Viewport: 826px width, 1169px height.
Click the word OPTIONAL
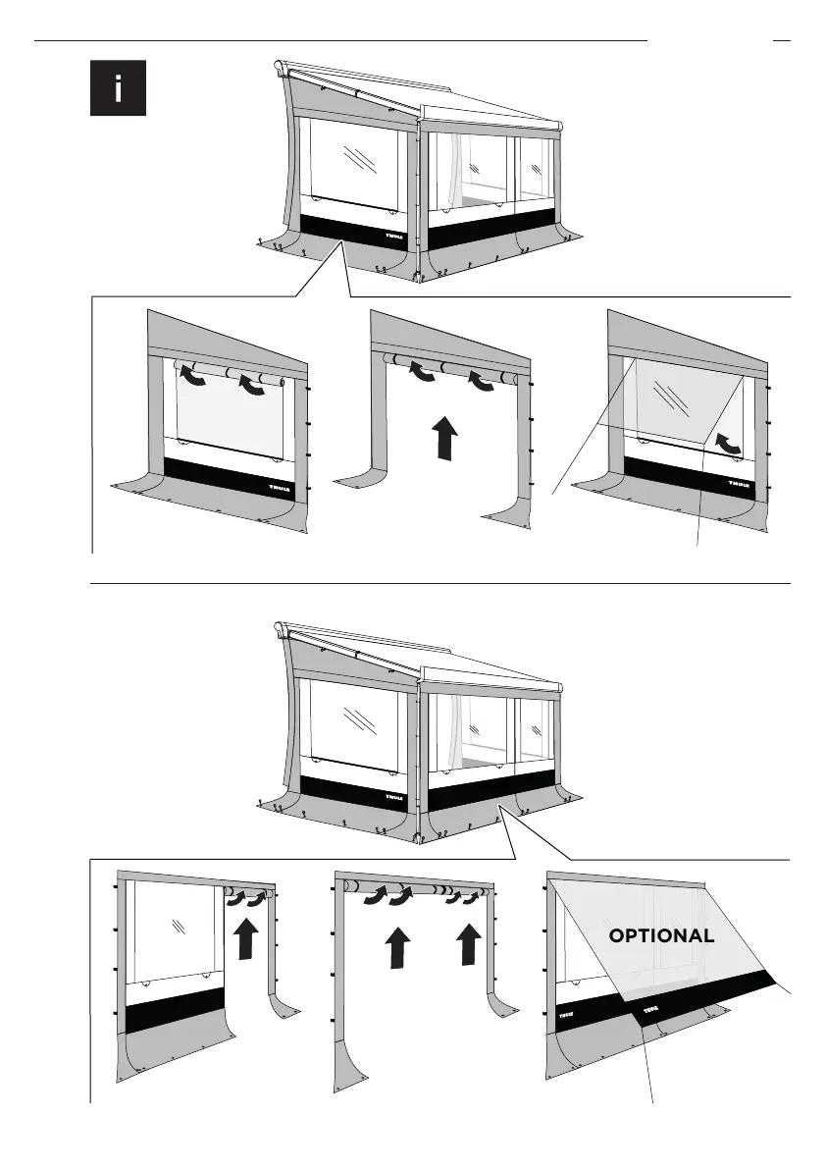pos(661,936)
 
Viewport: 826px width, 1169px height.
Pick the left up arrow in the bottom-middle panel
pos(396,949)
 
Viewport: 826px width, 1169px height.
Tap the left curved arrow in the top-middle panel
pos(423,369)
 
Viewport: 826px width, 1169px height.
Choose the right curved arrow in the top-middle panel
pos(481,378)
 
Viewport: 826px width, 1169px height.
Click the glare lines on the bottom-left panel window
pos(177,926)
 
